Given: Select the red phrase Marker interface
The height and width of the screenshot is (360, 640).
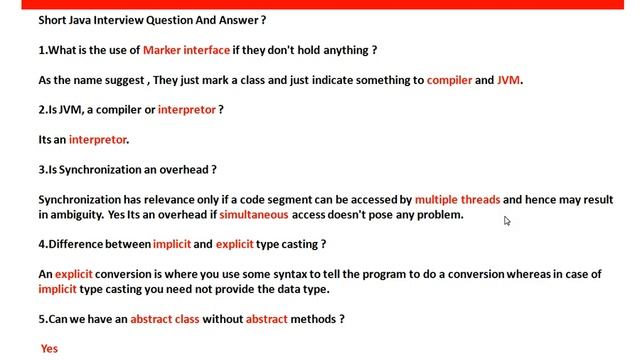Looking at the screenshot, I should [186, 50].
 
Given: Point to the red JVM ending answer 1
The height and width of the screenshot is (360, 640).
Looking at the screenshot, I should [509, 80].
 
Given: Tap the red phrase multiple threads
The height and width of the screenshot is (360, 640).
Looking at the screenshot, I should [457, 200].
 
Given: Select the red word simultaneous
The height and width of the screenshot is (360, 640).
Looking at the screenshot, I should [254, 214].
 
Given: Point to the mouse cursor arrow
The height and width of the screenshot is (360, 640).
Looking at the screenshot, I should [507, 221].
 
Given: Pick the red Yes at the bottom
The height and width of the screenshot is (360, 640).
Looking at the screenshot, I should [49, 349].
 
